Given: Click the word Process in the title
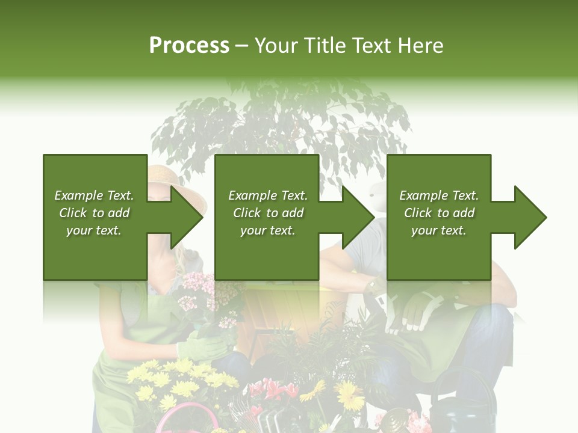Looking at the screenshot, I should (189, 46).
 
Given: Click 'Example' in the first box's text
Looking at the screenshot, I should (78, 195).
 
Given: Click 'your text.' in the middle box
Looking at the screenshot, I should (267, 230).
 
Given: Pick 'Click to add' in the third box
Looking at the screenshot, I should (439, 213).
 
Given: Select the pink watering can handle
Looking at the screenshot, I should (187, 415).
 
